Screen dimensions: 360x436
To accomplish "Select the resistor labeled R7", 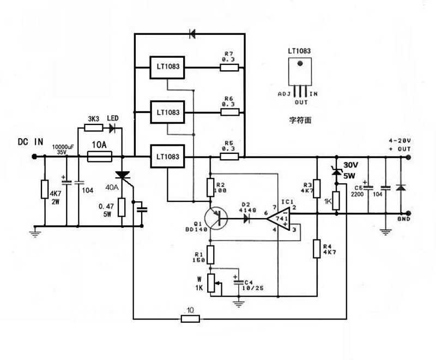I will tap(229, 68).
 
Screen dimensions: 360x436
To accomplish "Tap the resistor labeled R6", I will tap(229, 112).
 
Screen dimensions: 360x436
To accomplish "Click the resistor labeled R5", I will tap(229, 157).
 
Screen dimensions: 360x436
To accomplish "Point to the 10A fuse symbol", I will tap(100, 157).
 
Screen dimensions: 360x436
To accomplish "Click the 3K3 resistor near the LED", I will tap(93, 129).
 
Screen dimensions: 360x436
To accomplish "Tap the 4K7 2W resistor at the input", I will tap(43, 190).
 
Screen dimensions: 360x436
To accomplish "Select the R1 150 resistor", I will tap(210, 254).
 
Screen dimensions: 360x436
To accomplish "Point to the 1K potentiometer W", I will tap(210, 283).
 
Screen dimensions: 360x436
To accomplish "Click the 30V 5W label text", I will tap(352, 171).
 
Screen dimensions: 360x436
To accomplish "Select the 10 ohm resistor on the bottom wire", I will tap(190, 317).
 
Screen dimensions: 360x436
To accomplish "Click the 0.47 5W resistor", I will tap(122, 207).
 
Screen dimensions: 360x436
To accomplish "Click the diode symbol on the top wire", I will tap(192, 34).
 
